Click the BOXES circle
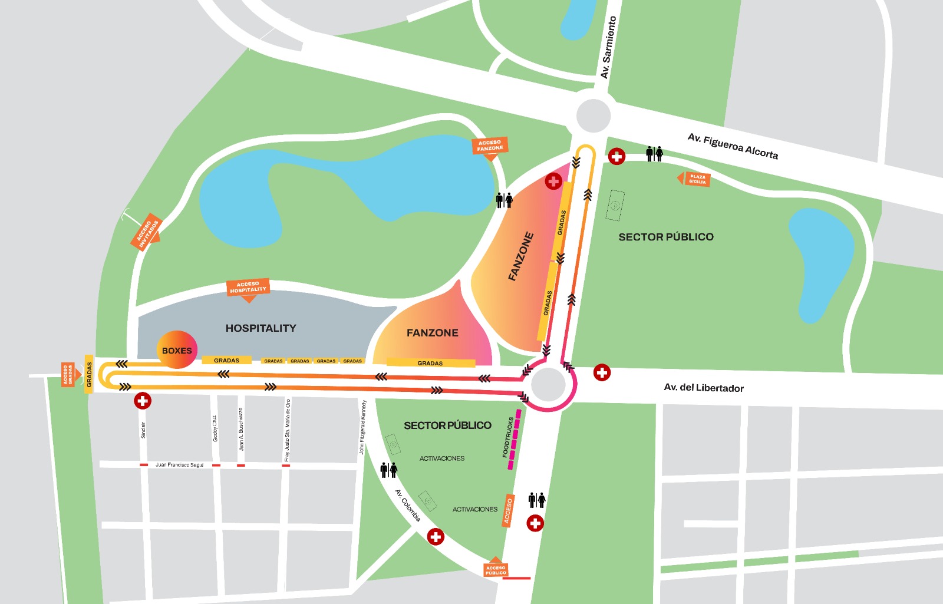[x=177, y=350]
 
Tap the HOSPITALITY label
[x=261, y=328]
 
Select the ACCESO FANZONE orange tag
[x=490, y=146]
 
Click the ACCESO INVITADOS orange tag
[x=146, y=232]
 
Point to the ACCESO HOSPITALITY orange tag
[x=248, y=288]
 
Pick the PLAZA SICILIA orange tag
[x=696, y=179]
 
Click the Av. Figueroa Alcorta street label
[x=733, y=146]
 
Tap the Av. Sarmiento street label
[x=608, y=47]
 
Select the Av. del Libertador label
[x=704, y=388]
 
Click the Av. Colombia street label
[x=408, y=506]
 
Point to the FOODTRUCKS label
[x=507, y=437]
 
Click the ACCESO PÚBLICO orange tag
[x=496, y=569]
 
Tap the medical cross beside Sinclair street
[x=142, y=401]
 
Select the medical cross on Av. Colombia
[x=436, y=537]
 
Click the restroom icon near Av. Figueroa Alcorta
[x=654, y=154]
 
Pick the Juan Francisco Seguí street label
[x=179, y=465]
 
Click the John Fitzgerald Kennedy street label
[x=363, y=427]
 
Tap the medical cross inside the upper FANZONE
[x=553, y=181]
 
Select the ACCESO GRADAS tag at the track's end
[x=68, y=374]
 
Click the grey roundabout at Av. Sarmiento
[x=593, y=115]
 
